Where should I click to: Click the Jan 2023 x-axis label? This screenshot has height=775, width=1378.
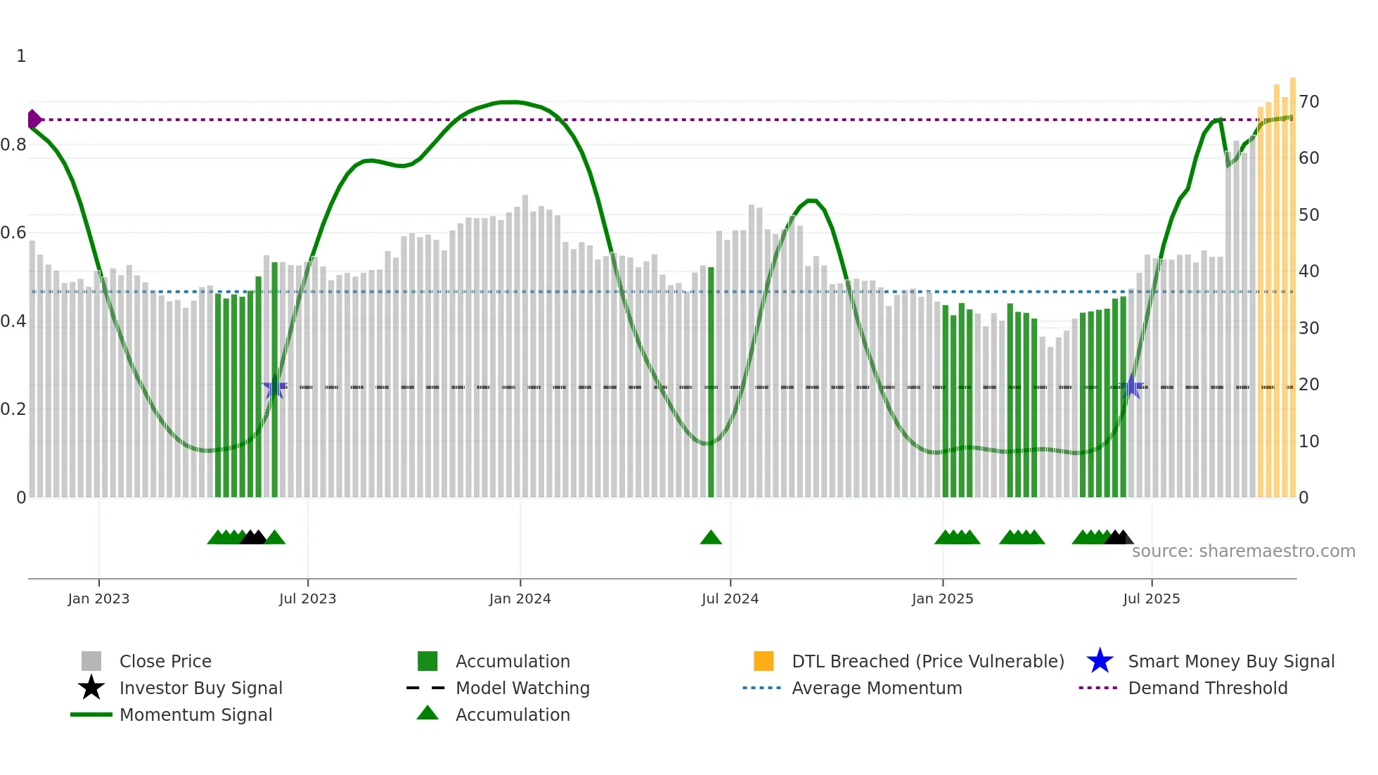[x=98, y=599]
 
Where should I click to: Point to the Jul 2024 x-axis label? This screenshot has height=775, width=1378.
[x=730, y=599]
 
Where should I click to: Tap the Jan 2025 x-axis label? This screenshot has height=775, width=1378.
[x=942, y=599]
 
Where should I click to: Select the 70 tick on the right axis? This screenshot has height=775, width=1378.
[x=1308, y=102]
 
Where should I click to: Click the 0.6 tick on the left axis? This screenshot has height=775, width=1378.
[x=13, y=233]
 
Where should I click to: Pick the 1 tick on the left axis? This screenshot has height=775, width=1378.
[x=21, y=56]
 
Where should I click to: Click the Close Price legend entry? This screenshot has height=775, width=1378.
[x=165, y=662]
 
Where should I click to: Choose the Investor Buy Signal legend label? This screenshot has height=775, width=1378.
[x=200, y=688]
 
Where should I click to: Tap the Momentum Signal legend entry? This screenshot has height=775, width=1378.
[x=195, y=715]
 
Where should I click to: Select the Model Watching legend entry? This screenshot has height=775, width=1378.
[x=522, y=688]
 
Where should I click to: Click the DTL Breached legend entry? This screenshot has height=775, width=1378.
[x=927, y=662]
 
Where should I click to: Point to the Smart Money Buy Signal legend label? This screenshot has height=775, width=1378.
[x=1230, y=662]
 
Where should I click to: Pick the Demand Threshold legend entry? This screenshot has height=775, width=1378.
[x=1207, y=688]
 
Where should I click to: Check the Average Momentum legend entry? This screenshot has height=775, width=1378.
[x=876, y=688]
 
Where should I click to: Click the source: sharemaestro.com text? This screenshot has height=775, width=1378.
[x=1243, y=551]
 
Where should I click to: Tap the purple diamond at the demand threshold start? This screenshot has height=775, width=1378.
[x=33, y=120]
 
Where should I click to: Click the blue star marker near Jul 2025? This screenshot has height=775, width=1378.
[x=1131, y=387]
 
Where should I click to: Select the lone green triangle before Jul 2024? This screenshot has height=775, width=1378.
[x=711, y=538]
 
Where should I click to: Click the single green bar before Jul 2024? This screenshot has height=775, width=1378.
[x=711, y=383]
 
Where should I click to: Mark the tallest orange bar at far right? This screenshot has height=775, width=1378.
[x=1292, y=288]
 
